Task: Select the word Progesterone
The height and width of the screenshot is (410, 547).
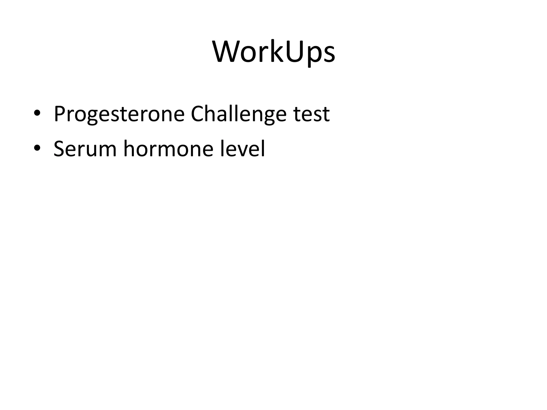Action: coord(119,114)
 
